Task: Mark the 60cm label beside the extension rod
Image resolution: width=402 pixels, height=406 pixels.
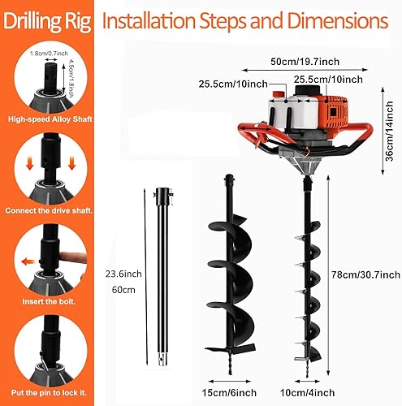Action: (x=119, y=290)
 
